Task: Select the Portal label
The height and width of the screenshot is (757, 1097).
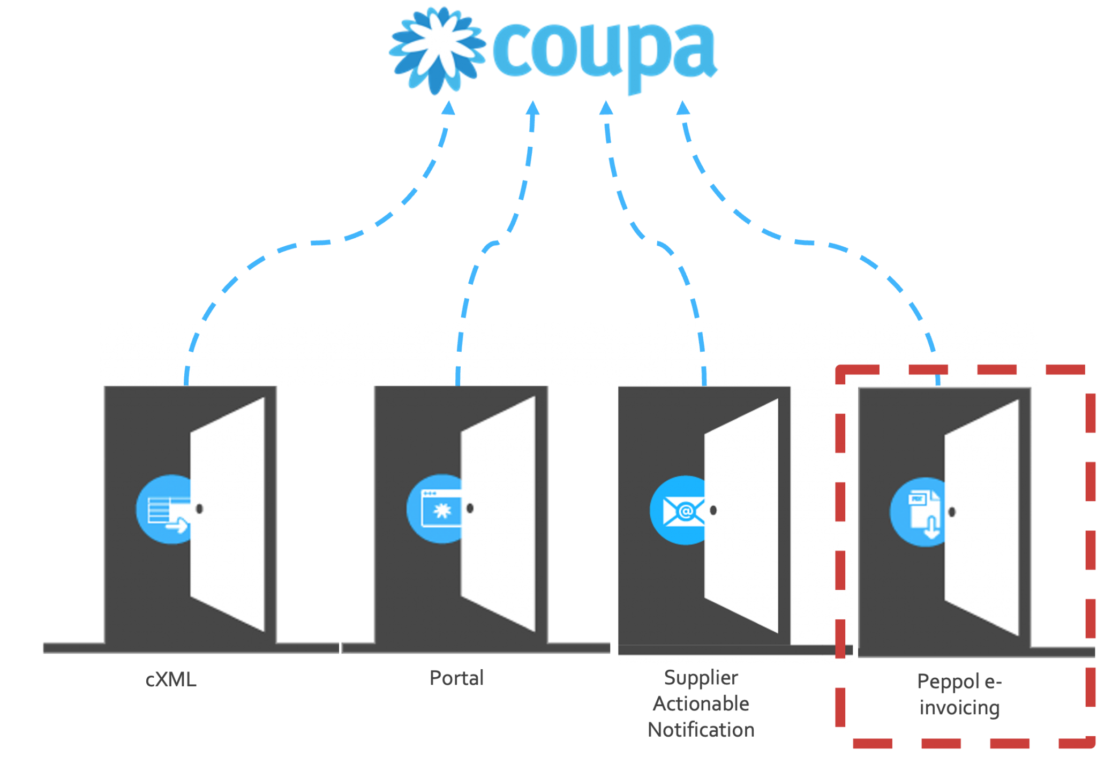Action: tap(457, 678)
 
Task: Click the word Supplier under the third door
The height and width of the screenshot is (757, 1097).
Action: tap(701, 678)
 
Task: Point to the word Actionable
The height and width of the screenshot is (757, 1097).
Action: tap(701, 704)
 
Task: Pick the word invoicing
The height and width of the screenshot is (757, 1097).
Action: tap(960, 708)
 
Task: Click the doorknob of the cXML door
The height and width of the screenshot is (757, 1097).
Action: tap(199, 509)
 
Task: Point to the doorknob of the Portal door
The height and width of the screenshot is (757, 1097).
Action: tap(470, 508)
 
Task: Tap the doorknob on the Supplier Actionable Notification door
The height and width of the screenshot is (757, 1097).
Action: tap(713, 510)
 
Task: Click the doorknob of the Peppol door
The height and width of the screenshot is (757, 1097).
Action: tap(952, 512)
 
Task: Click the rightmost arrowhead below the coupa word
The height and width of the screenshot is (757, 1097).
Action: tap(683, 108)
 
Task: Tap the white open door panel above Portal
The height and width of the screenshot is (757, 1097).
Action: tap(498, 514)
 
